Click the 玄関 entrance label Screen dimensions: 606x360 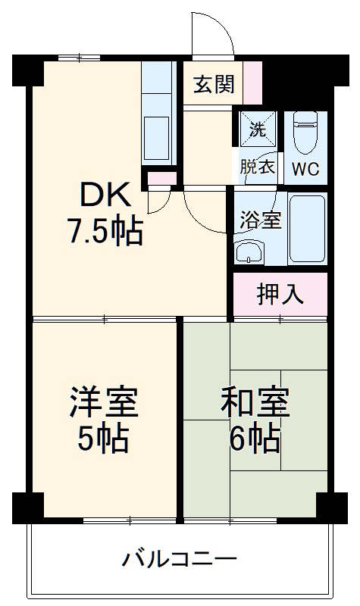pyautogui.click(x=213, y=83)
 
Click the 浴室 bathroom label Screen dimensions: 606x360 pyautogui.click(x=261, y=220)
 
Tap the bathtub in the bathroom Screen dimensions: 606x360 pyautogui.click(x=307, y=227)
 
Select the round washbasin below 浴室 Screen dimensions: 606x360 pyautogui.click(x=246, y=251)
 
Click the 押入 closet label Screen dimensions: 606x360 pyautogui.click(x=280, y=293)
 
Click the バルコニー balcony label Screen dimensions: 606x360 pyautogui.click(x=180, y=561)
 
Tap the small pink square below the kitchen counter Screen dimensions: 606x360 pyautogui.click(x=160, y=178)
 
